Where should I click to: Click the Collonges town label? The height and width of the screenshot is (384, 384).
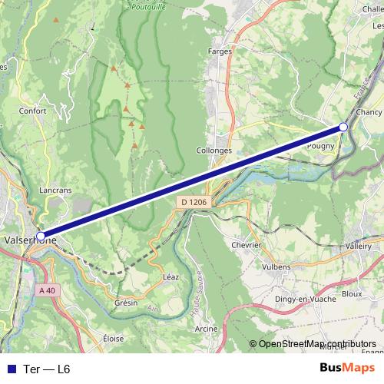214,151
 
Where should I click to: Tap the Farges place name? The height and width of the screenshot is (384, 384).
220,51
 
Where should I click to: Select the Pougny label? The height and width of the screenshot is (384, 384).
320,145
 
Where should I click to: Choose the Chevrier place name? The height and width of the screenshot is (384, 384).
247,245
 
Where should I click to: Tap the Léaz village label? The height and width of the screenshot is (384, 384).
171,276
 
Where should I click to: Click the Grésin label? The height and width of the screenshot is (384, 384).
126,303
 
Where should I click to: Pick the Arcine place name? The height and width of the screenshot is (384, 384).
207,328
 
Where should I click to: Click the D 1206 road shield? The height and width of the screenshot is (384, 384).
194,202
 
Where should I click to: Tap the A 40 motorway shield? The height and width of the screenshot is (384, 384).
47,290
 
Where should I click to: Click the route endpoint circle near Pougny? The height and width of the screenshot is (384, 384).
343,127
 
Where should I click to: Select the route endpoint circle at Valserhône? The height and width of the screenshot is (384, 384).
41,237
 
